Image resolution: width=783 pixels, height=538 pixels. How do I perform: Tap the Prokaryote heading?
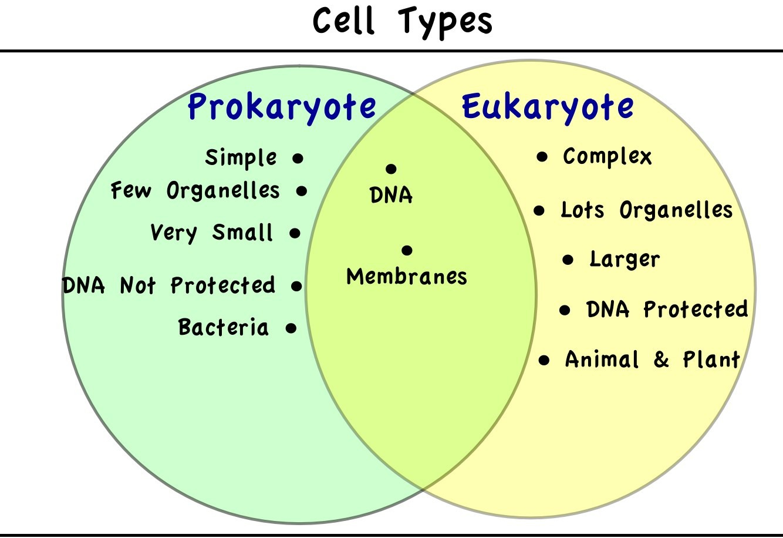(282, 107)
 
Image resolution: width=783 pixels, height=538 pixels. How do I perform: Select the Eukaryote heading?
(548, 107)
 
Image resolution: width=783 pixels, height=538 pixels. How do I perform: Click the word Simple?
(241, 158)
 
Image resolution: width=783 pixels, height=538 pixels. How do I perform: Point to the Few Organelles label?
(195, 190)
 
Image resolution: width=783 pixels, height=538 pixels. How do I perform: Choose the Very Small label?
(211, 233)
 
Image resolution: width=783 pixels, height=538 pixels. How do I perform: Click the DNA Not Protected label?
(168, 285)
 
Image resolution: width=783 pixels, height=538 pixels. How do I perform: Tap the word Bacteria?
(224, 327)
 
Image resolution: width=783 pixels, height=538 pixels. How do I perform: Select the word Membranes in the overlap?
(407, 277)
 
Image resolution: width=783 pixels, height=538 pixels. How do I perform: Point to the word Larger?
(625, 260)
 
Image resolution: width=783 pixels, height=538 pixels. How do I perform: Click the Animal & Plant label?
(652, 359)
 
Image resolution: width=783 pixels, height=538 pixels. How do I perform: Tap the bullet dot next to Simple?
(298, 159)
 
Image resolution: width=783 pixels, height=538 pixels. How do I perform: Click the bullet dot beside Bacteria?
(291, 328)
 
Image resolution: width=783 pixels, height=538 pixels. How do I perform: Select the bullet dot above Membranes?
(407, 250)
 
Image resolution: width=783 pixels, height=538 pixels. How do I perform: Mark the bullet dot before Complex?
(542, 157)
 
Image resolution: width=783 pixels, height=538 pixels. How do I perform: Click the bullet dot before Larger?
(568, 260)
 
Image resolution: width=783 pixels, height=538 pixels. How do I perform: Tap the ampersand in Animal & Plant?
(661, 359)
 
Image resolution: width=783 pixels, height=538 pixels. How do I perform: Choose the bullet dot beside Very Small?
(295, 233)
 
